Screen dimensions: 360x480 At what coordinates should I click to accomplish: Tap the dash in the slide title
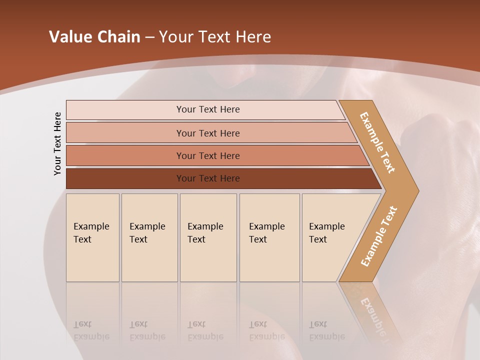point(149,37)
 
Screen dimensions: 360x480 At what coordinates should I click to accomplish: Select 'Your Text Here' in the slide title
point(215,37)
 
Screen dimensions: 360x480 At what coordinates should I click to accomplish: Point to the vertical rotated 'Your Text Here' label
point(57,143)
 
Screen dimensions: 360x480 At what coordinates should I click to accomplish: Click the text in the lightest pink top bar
point(208,109)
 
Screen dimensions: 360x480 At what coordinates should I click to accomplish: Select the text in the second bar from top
point(208,133)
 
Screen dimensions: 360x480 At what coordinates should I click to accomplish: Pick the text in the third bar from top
point(208,155)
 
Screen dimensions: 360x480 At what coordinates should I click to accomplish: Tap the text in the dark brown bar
point(208,178)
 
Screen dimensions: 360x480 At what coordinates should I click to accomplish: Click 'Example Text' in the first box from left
point(91,233)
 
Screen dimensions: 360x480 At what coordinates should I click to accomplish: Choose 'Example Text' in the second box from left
point(147,233)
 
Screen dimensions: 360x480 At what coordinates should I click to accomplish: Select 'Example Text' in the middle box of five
point(205,233)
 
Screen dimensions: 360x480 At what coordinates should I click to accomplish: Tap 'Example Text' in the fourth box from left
point(266,233)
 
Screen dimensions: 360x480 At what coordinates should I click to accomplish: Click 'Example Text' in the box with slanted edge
point(326,233)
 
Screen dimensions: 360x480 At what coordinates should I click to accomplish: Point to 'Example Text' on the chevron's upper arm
point(377,142)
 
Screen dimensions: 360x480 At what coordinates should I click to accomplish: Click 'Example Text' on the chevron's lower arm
point(378,236)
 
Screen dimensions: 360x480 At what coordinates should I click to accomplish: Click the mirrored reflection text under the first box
point(91,331)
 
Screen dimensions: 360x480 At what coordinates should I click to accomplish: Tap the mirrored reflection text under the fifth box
point(326,331)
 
